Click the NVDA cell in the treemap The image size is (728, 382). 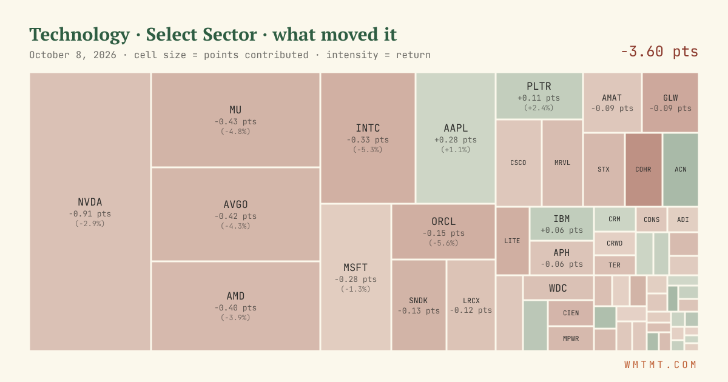[x=90, y=212]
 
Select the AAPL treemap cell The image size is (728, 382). [x=456, y=138]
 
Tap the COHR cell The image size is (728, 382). [x=644, y=170]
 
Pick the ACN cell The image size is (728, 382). [x=681, y=170]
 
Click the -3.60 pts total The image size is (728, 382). [x=659, y=52]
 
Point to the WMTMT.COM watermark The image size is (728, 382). [x=661, y=365]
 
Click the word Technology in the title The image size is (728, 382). [x=79, y=35]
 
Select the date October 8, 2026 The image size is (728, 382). [x=73, y=55]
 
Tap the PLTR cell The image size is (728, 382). [x=539, y=96]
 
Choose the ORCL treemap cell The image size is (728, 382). [x=443, y=232]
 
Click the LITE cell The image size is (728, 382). [x=512, y=241]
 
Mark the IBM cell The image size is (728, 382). [x=562, y=224]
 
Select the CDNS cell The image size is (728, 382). [x=652, y=219]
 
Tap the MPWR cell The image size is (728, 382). [x=571, y=338]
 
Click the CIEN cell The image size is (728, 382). [x=571, y=313]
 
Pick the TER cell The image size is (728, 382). [x=615, y=265]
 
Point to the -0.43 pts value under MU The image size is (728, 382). [x=235, y=122]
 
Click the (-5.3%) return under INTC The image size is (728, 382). [x=368, y=150]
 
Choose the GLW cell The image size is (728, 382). [x=670, y=102]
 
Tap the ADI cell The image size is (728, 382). [x=683, y=219]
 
